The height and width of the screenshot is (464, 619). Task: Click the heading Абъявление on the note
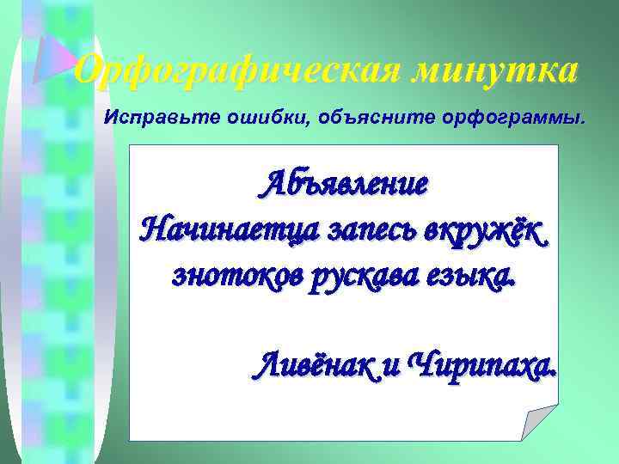(345, 184)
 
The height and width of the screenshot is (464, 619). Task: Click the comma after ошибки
(290, 121)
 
